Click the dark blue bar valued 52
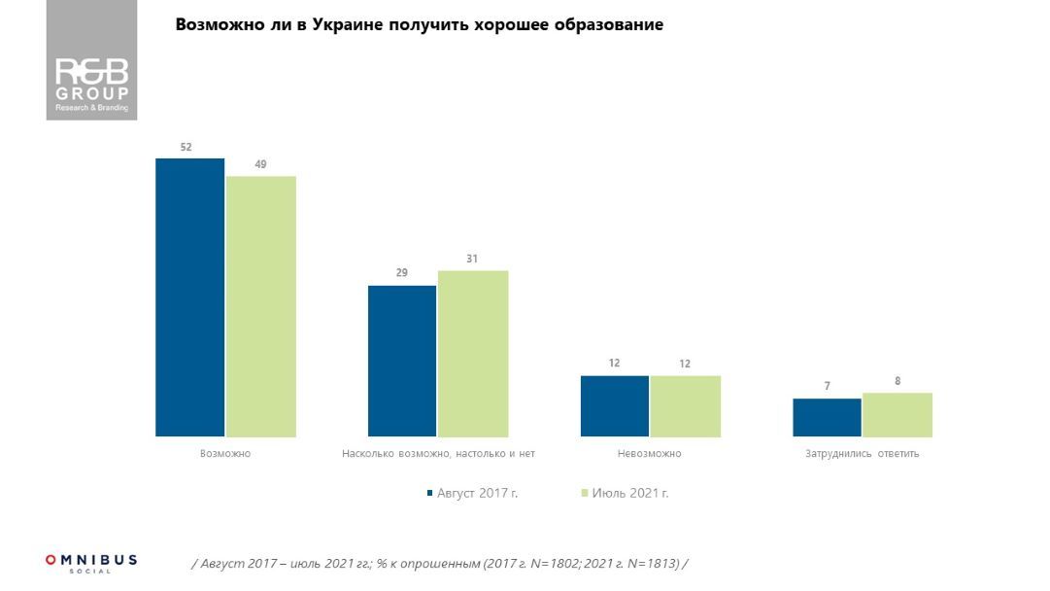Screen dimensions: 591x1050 point(190,297)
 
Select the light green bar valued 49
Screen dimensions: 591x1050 point(261,306)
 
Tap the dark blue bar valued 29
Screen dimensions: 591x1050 point(402,361)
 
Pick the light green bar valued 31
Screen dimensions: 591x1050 point(473,354)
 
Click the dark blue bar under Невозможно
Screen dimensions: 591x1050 point(615,406)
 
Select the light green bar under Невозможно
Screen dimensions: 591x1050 point(686,406)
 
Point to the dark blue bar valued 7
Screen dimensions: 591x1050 point(828,418)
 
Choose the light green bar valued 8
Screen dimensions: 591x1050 point(898,415)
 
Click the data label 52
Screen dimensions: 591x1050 point(186,148)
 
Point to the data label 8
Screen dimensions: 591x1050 point(898,381)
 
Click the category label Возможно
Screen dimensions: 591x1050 point(225,454)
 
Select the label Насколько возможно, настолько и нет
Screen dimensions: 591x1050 point(438,454)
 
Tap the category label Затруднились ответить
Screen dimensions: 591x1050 point(862,454)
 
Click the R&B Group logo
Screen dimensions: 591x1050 point(91,60)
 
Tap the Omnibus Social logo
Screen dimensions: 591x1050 point(91,563)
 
